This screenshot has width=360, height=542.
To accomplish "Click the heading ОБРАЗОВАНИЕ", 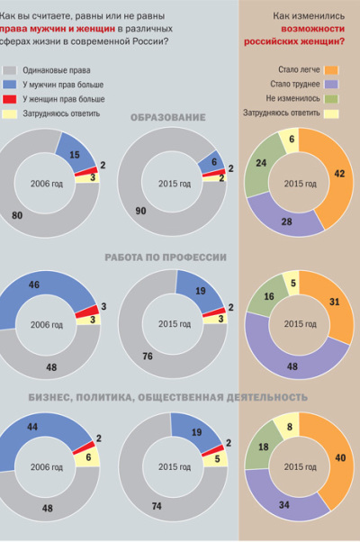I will (167, 118).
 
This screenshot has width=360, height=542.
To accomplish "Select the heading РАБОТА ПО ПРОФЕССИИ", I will (166, 257).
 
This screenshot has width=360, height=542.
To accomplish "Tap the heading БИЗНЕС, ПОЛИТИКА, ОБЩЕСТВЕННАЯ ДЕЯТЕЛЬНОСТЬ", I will (167, 397).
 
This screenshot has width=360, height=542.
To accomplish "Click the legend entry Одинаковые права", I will (53, 69).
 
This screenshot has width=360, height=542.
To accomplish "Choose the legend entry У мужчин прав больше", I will (58, 84).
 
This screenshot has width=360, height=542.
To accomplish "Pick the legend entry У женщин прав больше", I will (58, 98).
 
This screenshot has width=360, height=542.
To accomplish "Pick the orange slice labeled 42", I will (338, 175).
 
